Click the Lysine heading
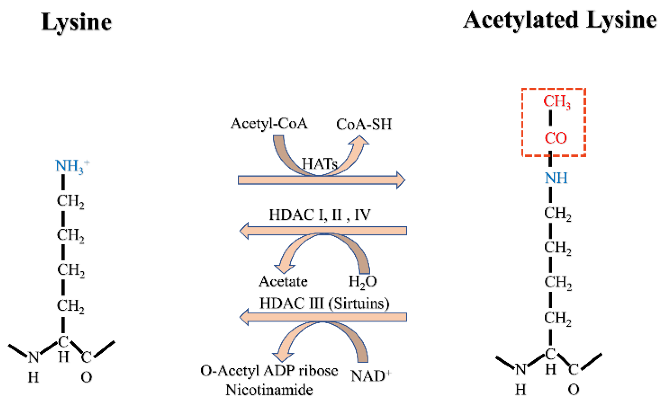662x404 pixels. click(x=76, y=22)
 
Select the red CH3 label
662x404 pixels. click(x=556, y=101)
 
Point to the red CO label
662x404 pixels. click(x=555, y=138)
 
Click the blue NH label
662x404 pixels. click(x=556, y=178)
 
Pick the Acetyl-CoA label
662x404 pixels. click(x=269, y=124)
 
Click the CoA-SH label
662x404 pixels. click(x=364, y=124)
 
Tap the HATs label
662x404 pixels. click(x=319, y=163)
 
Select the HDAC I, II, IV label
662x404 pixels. click(x=320, y=215)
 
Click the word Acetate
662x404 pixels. click(x=283, y=282)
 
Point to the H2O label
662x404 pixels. click(x=362, y=282)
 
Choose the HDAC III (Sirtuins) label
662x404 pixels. click(x=324, y=303)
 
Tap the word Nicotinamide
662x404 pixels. click(x=269, y=390)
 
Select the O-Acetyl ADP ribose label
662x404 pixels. click(x=269, y=371)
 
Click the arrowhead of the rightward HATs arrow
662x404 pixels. click(x=401, y=180)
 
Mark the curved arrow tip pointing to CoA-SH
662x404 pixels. click(x=360, y=140)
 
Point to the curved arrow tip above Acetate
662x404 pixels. click(x=284, y=268)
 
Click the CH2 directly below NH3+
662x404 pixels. click(x=70, y=201)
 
